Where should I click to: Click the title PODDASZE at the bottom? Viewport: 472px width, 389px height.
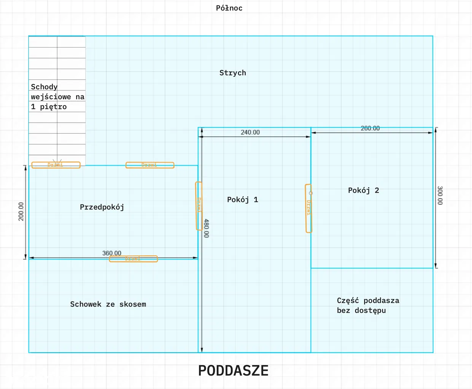[233, 371]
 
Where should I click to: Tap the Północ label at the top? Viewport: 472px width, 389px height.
[229, 8]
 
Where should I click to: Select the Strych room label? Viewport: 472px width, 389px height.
[232, 73]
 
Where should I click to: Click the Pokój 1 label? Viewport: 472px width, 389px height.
[242, 200]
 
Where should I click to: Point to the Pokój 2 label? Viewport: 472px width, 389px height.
[363, 190]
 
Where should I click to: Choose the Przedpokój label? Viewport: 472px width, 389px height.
[102, 207]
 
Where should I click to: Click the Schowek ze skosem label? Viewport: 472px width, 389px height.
[108, 304]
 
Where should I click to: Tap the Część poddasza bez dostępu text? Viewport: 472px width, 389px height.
[368, 305]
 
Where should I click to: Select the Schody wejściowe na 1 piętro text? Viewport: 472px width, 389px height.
[57, 97]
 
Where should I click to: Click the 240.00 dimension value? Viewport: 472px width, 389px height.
[250, 132]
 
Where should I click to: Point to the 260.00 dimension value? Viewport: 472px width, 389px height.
[370, 128]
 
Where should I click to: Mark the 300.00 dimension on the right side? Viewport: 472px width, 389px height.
[440, 195]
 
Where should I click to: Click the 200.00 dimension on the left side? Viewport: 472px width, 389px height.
[21, 211]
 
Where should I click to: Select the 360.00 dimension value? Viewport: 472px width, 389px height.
[111, 253]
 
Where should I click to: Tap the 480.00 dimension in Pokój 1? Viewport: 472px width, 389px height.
[206, 228]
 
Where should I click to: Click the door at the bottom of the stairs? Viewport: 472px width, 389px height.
[56, 165]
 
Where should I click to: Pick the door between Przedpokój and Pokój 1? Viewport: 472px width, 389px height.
[199, 206]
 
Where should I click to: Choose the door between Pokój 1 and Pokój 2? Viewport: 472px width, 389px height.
[308, 208]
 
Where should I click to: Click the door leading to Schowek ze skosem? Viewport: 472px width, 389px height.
[133, 259]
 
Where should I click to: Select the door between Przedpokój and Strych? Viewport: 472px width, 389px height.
[150, 165]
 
